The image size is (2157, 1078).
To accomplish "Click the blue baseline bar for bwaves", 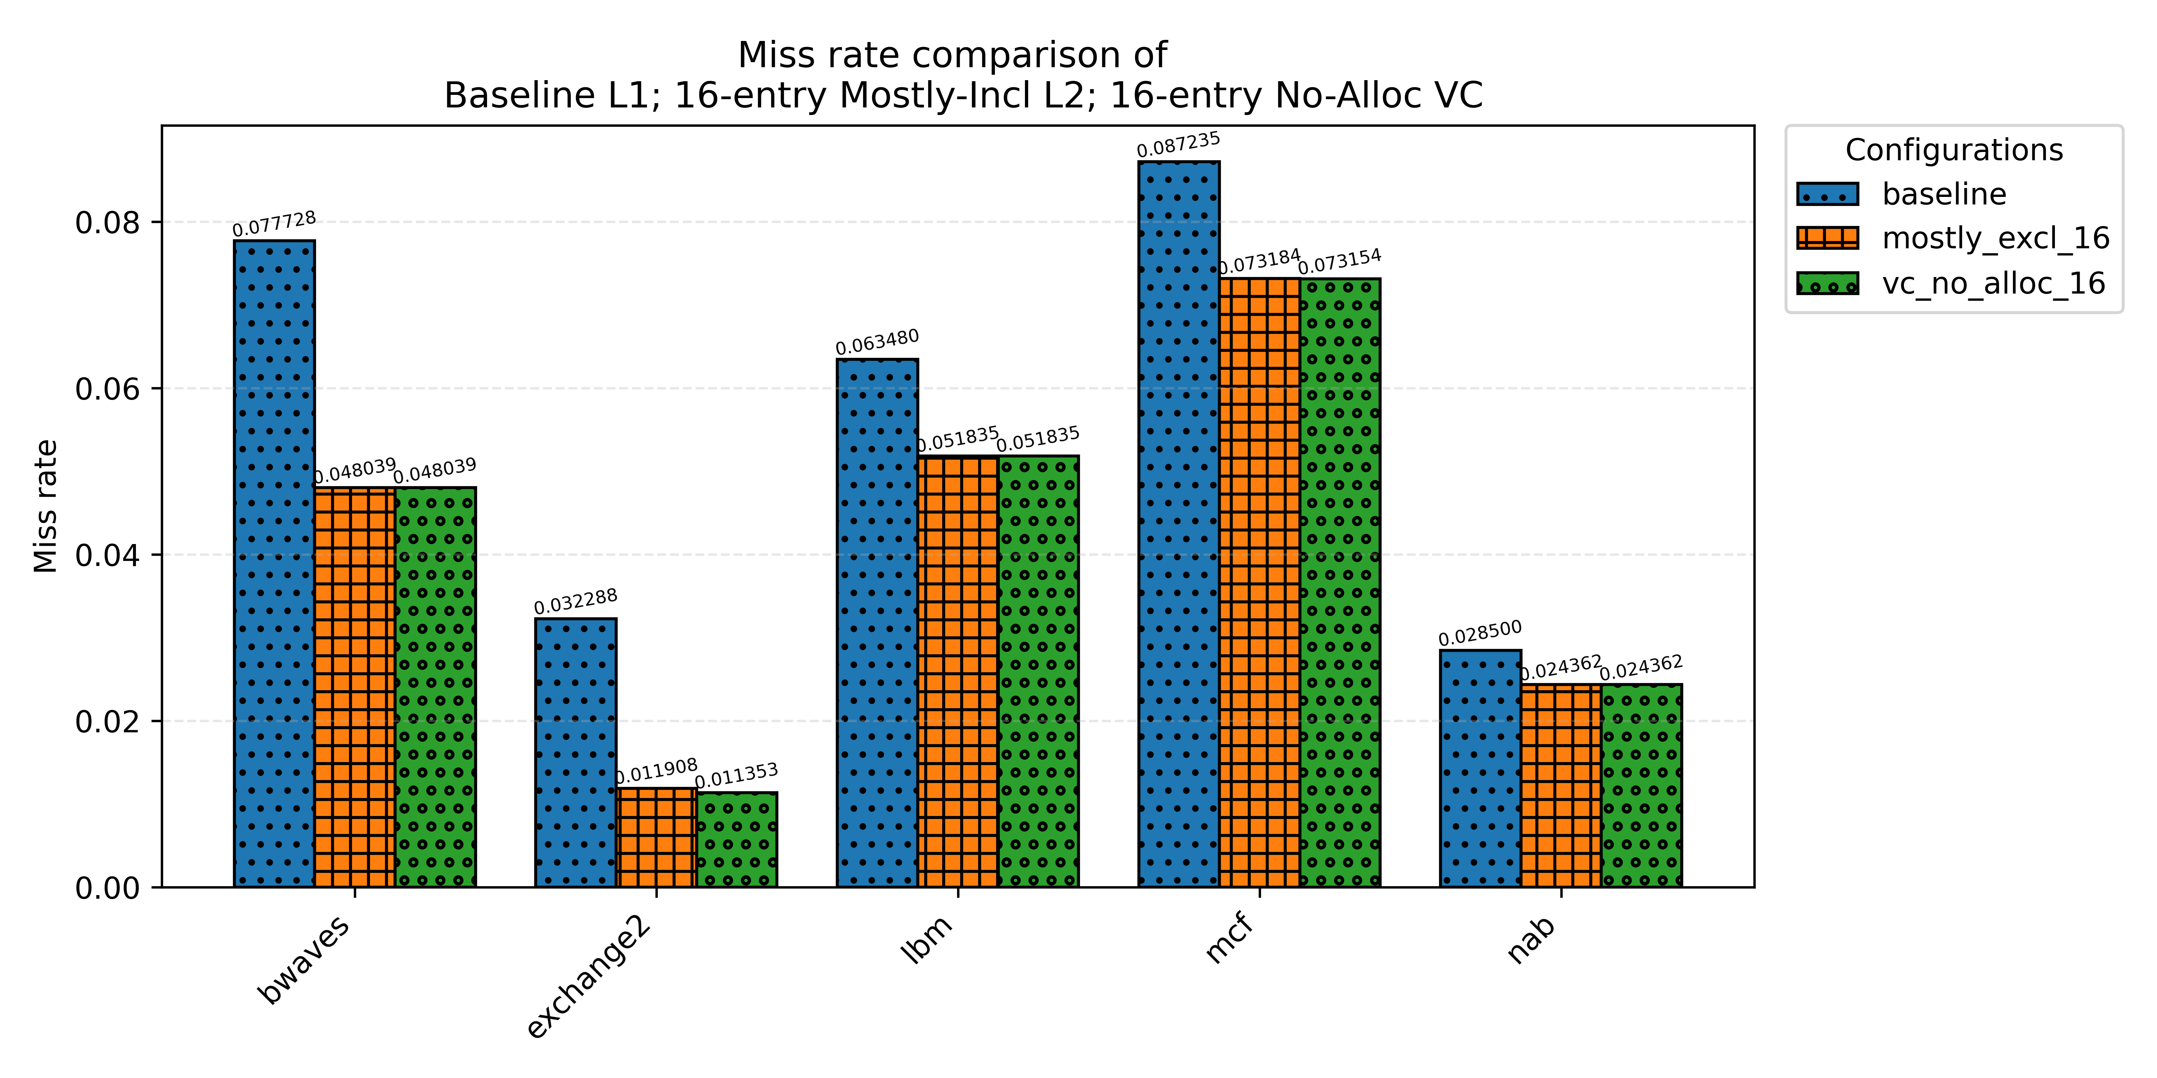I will pyautogui.click(x=274, y=563).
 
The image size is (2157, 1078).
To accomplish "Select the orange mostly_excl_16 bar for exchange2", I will pyautogui.click(x=656, y=837).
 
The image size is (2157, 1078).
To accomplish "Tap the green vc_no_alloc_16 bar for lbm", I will pyautogui.click(x=1038, y=671).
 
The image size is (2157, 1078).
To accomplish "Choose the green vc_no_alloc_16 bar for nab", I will pyautogui.click(x=1641, y=785).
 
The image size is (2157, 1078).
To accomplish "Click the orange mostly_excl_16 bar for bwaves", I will pyautogui.click(x=355, y=686).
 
